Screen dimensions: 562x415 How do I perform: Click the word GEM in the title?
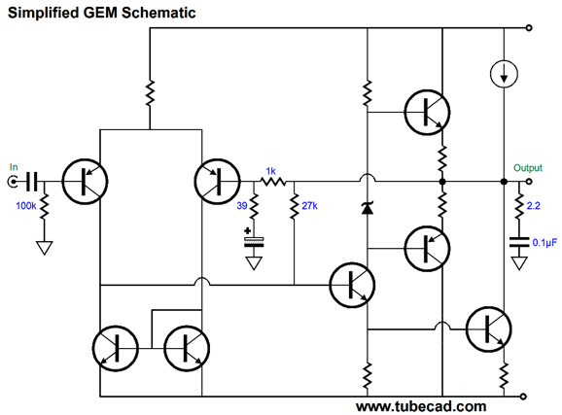click(100, 13)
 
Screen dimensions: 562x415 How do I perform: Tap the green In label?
click(14, 167)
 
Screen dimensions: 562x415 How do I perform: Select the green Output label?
click(528, 168)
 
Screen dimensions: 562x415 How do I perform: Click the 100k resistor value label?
click(26, 206)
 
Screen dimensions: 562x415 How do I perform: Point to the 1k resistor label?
click(271, 171)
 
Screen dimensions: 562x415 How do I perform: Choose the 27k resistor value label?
click(309, 206)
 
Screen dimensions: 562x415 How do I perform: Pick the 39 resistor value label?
click(242, 206)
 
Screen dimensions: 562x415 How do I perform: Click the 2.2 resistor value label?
click(534, 206)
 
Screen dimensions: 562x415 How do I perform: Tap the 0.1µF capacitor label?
click(544, 243)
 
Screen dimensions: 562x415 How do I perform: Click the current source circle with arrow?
click(504, 74)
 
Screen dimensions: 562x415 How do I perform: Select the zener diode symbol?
click(368, 208)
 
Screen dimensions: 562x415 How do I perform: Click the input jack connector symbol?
click(13, 182)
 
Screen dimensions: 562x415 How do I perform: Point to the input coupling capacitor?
click(31, 182)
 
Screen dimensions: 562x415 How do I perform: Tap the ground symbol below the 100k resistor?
click(45, 248)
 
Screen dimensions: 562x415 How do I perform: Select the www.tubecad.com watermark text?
click(421, 406)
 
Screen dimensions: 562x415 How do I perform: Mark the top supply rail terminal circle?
click(529, 28)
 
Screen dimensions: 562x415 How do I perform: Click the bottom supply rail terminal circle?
click(523, 397)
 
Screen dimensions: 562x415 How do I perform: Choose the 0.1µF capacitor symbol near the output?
click(519, 242)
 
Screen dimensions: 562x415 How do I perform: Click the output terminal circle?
click(529, 182)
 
